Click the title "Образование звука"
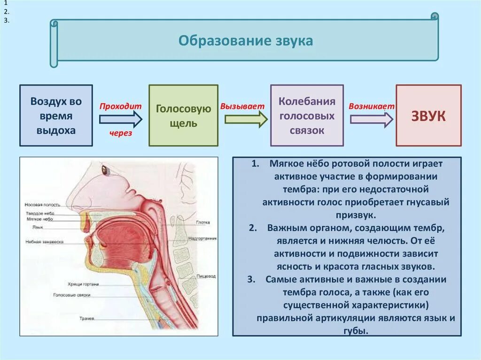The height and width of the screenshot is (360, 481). pyautogui.click(x=245, y=41)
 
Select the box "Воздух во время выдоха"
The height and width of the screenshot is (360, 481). pyautogui.click(x=56, y=115)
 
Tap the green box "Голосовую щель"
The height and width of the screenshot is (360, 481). pyautogui.click(x=183, y=115)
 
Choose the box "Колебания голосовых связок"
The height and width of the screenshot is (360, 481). pyautogui.click(x=307, y=115)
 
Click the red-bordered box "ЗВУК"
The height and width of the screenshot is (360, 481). pyautogui.click(x=428, y=116)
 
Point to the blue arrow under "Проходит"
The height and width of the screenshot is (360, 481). pyautogui.click(x=120, y=119)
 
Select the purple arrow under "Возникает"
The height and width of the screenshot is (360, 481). pyautogui.click(x=372, y=119)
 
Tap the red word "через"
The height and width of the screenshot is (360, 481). pyautogui.click(x=121, y=133)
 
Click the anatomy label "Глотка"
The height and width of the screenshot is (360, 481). pyautogui.click(x=203, y=222)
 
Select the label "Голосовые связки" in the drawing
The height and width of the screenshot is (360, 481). pyautogui.click(x=72, y=295)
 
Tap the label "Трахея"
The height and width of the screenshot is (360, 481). pyautogui.click(x=86, y=319)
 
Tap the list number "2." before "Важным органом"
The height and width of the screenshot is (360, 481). pyautogui.click(x=252, y=228)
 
